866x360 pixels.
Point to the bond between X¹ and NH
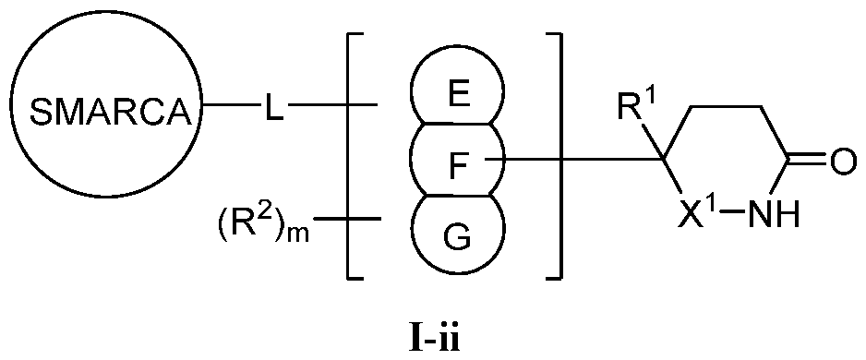[731, 220]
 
